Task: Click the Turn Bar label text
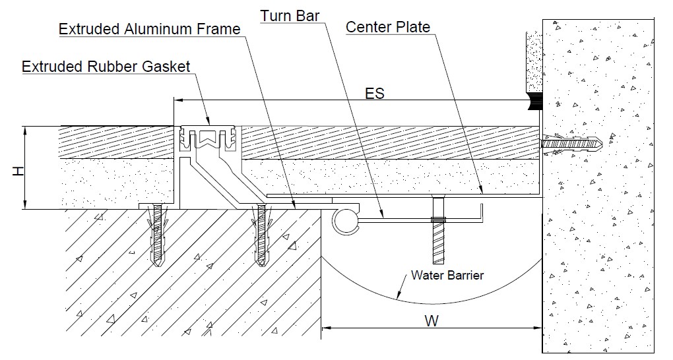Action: point(290,15)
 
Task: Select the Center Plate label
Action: point(387,27)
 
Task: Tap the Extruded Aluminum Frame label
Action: point(150,29)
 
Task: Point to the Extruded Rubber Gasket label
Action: point(106,66)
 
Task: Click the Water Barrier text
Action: point(447,275)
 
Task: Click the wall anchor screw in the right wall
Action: point(571,143)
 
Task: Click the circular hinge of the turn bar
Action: point(345,221)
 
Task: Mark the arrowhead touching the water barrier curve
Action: point(397,296)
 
